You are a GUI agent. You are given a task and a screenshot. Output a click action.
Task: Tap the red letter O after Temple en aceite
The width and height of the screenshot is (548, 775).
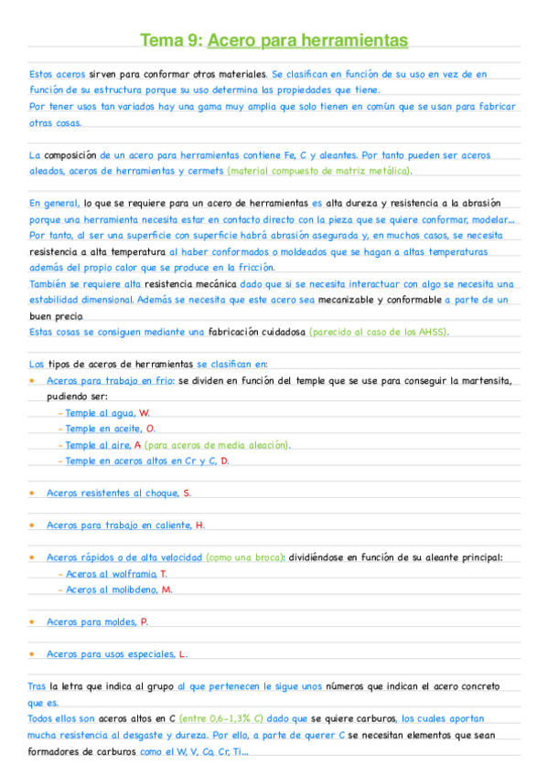pyautogui.click(x=150, y=429)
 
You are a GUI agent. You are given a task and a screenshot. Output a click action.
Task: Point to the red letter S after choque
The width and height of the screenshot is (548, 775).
pyautogui.click(x=187, y=493)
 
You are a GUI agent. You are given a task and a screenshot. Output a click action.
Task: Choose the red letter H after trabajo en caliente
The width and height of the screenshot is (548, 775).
pyautogui.click(x=200, y=525)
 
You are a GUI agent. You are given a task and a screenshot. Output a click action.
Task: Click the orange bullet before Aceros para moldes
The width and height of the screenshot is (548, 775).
pyautogui.click(x=32, y=621)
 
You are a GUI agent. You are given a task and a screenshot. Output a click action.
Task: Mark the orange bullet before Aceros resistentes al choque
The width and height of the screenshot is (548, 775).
pyautogui.click(x=32, y=493)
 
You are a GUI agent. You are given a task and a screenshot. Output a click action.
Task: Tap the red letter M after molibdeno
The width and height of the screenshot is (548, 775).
pyautogui.click(x=167, y=589)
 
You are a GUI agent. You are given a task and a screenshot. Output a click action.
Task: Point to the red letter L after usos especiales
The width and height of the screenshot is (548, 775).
pyautogui.click(x=183, y=653)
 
